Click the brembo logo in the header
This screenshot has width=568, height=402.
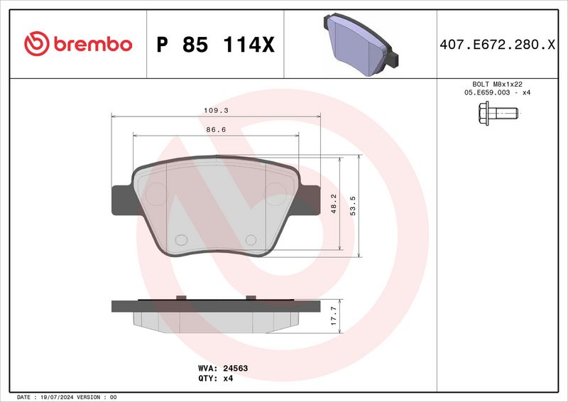click(78, 44)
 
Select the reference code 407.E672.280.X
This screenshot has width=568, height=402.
click(497, 45)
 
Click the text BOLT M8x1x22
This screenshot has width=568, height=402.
click(497, 84)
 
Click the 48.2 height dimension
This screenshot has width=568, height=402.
click(333, 203)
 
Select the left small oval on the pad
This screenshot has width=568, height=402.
click(180, 240)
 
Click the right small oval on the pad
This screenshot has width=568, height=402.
click(251, 240)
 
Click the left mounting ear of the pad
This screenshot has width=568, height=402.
click(121, 200)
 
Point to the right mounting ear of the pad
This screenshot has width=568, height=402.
click(310, 200)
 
